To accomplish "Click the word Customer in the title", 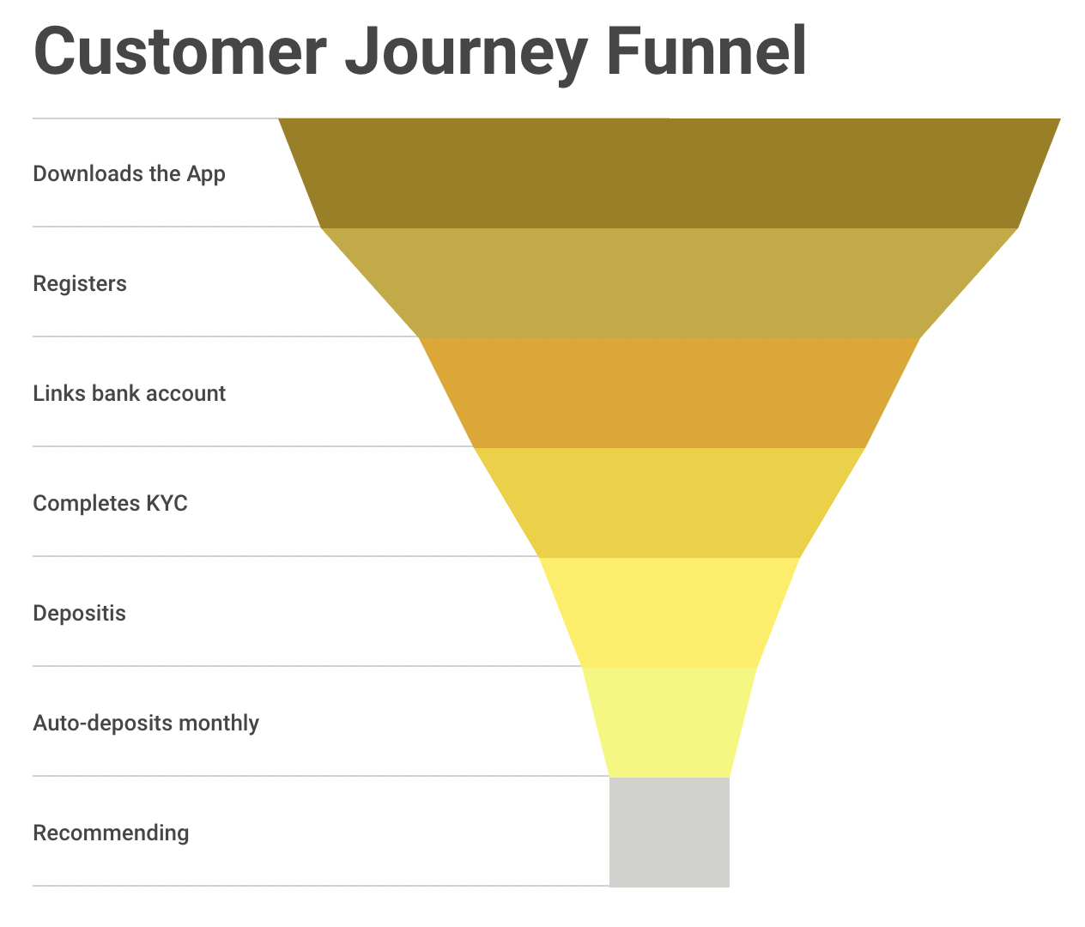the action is (x=180, y=51).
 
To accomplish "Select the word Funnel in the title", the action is (x=706, y=51).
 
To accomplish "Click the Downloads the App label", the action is (x=129, y=173).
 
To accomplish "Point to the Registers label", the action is (x=80, y=284).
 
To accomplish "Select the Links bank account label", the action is (x=129, y=393).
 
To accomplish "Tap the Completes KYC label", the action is (x=110, y=503).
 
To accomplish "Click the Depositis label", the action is (x=79, y=613).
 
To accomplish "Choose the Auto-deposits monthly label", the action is (x=146, y=724).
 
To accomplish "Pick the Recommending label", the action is (x=111, y=833).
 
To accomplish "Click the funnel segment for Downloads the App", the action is (x=670, y=173).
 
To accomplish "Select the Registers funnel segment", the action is (x=670, y=283).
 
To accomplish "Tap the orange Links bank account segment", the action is (x=670, y=392).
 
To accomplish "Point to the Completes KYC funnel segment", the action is (x=670, y=502).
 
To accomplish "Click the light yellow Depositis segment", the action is (x=670, y=613).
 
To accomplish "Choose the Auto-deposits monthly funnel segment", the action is (x=670, y=722).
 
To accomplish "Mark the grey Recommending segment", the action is (x=670, y=832).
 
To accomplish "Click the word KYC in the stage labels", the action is (x=167, y=503).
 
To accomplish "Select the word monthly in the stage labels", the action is (x=219, y=724).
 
